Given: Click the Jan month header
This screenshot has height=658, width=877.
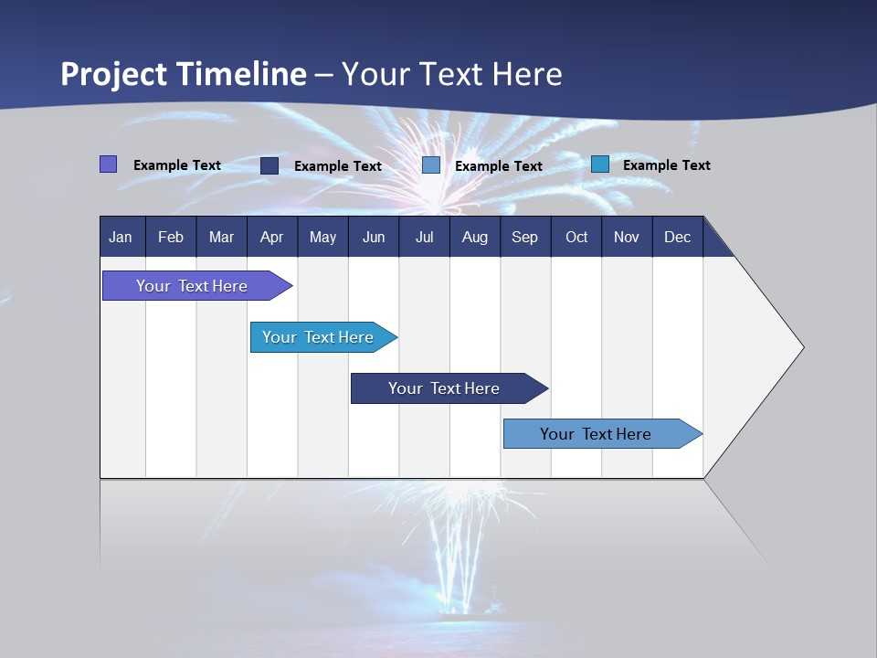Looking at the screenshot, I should pyautogui.click(x=121, y=237).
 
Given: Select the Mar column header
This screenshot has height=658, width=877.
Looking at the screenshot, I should pyautogui.click(x=221, y=237).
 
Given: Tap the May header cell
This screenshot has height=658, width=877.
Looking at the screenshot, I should pyautogui.click(x=322, y=237).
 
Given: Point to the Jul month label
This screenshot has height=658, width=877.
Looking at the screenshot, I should pyautogui.click(x=424, y=237).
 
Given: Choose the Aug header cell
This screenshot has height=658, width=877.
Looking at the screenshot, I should pyautogui.click(x=474, y=237).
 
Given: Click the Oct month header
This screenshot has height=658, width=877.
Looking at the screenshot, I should pyautogui.click(x=576, y=237).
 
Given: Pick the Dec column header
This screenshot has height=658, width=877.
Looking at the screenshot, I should pyautogui.click(x=677, y=237).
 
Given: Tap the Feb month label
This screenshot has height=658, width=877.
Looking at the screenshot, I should pyautogui.click(x=171, y=237).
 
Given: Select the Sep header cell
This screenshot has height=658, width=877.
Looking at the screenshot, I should pyautogui.click(x=524, y=237).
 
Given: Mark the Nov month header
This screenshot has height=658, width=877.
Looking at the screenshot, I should pyautogui.click(x=627, y=237).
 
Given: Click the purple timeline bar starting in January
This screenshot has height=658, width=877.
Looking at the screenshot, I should pyautogui.click(x=193, y=286).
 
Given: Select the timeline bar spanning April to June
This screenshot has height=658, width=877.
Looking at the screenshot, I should pyautogui.click(x=319, y=337).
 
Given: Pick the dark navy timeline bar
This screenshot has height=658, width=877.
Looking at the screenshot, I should pyautogui.click(x=444, y=388).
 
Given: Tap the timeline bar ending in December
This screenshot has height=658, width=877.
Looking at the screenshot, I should pyautogui.click(x=596, y=434).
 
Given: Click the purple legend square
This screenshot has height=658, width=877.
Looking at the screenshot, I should pyautogui.click(x=108, y=164).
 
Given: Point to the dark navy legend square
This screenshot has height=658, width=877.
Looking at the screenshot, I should pyautogui.click(x=269, y=165).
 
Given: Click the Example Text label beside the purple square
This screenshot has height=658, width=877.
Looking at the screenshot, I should pyautogui.click(x=177, y=165).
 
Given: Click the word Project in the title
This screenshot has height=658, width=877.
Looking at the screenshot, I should pyautogui.click(x=114, y=74).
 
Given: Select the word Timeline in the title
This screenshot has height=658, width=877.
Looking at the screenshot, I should pyautogui.click(x=241, y=74).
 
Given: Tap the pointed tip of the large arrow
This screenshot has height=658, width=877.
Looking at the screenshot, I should pyautogui.click(x=801, y=347).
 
